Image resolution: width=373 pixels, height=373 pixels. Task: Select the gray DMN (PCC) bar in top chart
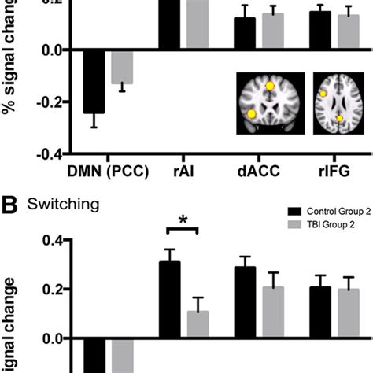(x=121, y=67)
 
